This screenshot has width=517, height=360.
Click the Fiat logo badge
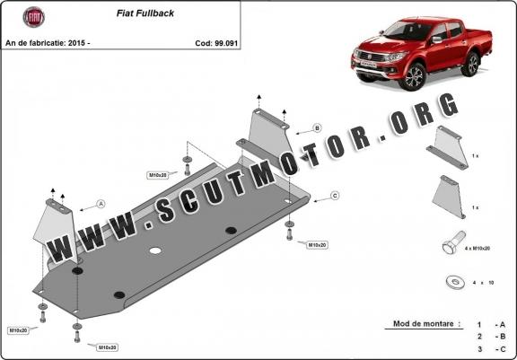click(x=33, y=17)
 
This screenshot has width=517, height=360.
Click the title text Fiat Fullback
click(x=145, y=13)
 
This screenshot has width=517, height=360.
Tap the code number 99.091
click(x=226, y=43)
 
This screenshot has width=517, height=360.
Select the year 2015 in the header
click(x=77, y=43)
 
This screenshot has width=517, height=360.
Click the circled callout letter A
click(x=101, y=204)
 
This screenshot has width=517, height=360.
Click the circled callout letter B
click(x=317, y=127)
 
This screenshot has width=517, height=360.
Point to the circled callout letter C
click(x=335, y=196)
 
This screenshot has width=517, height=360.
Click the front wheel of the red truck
click(x=412, y=77)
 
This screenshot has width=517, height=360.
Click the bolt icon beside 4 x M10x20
click(x=453, y=242)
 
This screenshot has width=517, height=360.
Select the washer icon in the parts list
click(x=455, y=282)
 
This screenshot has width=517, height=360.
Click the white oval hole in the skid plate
click(x=155, y=250)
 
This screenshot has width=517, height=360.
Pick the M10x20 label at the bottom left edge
click(x=18, y=330)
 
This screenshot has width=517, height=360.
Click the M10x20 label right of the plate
click(x=317, y=245)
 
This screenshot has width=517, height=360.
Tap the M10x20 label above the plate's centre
click(x=158, y=175)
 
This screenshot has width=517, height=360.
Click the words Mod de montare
click(x=423, y=324)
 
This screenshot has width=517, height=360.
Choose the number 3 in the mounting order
click(x=479, y=349)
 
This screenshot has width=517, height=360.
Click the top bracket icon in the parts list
click(x=449, y=148)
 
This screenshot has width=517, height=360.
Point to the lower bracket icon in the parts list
click(x=449, y=197)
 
